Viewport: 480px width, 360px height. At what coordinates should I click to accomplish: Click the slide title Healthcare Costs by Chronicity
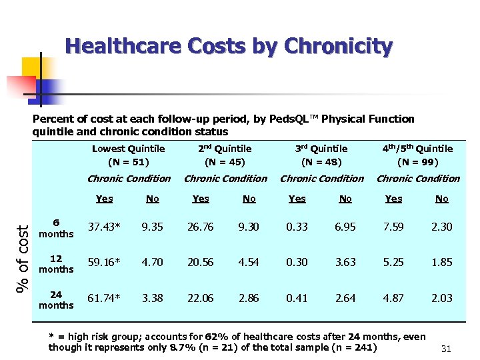click(x=229, y=47)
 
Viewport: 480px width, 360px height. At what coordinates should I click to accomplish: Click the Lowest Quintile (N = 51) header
click(x=128, y=155)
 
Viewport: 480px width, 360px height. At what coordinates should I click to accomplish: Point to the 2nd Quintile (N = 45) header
click(x=225, y=155)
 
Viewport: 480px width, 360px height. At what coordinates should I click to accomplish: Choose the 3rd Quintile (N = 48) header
click(x=321, y=155)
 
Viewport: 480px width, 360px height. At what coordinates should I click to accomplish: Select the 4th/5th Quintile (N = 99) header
click(x=417, y=155)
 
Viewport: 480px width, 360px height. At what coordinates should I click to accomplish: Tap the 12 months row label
click(x=56, y=263)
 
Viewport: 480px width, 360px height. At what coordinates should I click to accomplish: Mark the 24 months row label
click(x=56, y=299)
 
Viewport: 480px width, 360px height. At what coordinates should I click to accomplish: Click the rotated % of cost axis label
click(x=22, y=252)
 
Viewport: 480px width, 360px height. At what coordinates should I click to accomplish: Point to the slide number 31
click(x=446, y=349)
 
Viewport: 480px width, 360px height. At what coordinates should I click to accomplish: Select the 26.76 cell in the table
click(x=200, y=227)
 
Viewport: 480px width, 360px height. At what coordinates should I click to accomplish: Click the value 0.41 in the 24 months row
click(x=297, y=299)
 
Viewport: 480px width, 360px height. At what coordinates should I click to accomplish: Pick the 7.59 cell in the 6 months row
click(x=393, y=227)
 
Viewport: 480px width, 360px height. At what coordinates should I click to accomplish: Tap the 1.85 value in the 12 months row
click(x=441, y=263)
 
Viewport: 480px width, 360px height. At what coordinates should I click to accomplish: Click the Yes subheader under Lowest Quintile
click(x=104, y=199)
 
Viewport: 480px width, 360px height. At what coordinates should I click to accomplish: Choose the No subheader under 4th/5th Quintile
click(x=441, y=199)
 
